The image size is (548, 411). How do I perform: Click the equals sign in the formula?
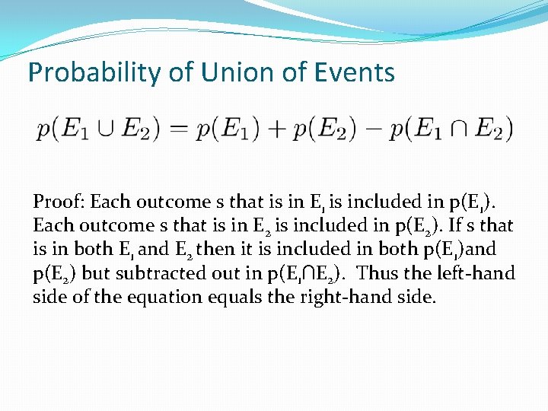tap(180, 128)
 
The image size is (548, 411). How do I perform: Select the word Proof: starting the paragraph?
tap(59, 202)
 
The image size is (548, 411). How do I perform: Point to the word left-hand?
tap(474, 272)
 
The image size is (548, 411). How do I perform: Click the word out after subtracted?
tap(200, 272)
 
